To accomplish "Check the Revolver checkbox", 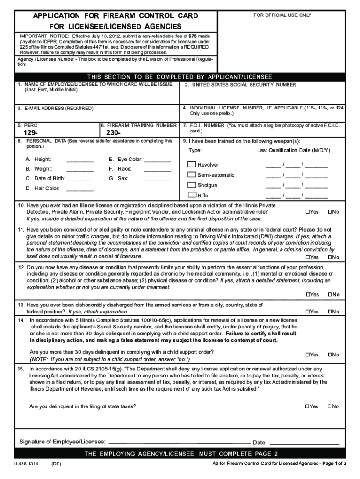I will pyautogui.click(x=192, y=165).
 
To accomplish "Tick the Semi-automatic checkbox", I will pyautogui.click(x=192, y=175).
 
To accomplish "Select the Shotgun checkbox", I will pyautogui.click(x=192, y=185).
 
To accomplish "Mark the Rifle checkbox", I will pyautogui.click(x=192, y=195).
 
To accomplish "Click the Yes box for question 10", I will pyautogui.click(x=308, y=212).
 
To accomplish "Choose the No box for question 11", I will pyautogui.click(x=330, y=257).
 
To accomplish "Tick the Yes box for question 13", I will pyautogui.click(x=308, y=312).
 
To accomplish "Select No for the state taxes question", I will pyautogui.click(x=330, y=406).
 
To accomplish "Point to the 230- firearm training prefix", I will pyautogui.click(x=114, y=133).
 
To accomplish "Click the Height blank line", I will pyautogui.click(x=80, y=161).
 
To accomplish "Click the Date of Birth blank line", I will pyautogui.click(x=80, y=181).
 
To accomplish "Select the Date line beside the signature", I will pyautogui.click(x=304, y=442).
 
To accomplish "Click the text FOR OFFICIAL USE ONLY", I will pyautogui.click(x=282, y=15).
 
